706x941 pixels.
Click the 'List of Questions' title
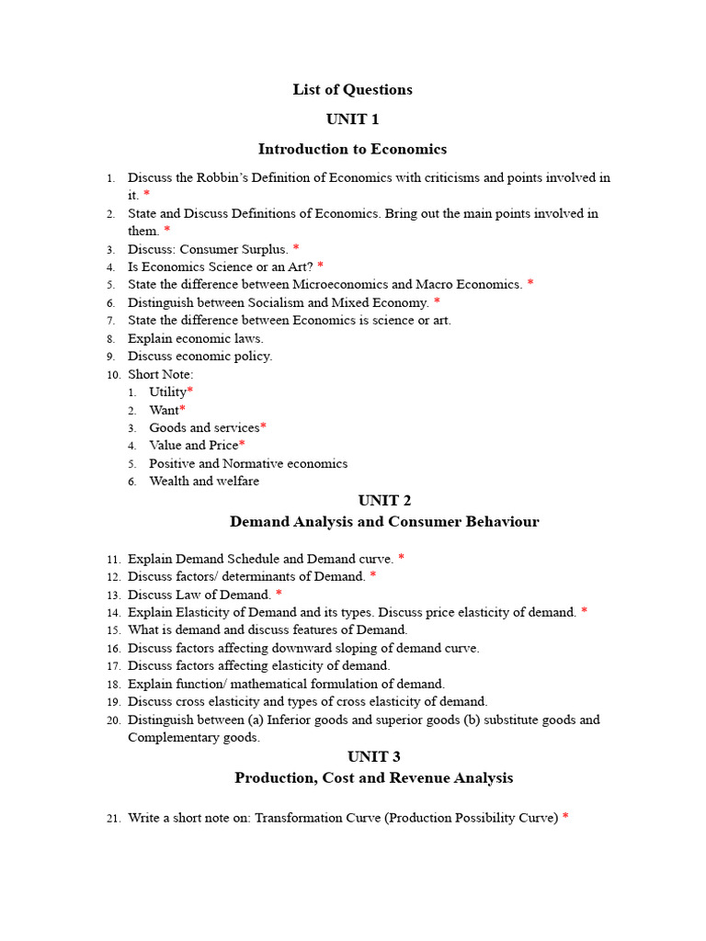[353, 89]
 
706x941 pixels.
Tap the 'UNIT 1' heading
[352, 119]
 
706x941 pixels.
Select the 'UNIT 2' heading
[384, 500]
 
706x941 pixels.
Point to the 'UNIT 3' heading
[374, 756]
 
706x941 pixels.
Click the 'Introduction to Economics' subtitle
[352, 149]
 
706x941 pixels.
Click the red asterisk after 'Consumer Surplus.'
[296, 249]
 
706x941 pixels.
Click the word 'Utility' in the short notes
[167, 392]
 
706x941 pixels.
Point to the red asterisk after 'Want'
[183, 410]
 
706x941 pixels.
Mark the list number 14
[113, 612]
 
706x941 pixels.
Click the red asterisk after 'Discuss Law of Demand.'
[279, 595]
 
